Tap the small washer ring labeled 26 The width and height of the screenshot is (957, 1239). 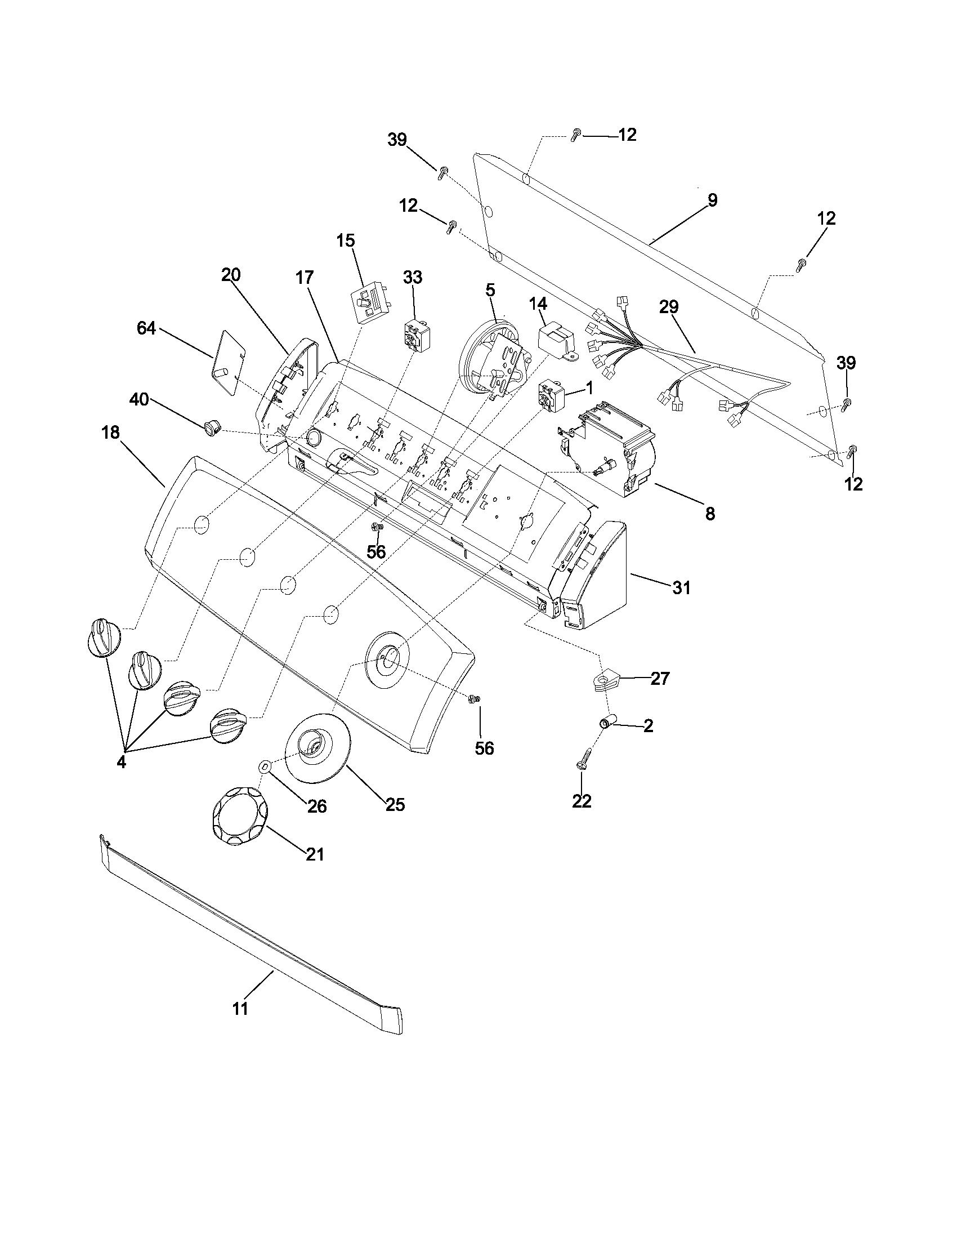coord(265,766)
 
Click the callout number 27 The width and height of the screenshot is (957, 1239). coord(659,679)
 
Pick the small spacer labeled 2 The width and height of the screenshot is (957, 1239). coord(606,724)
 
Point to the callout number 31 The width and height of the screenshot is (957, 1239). coord(681,589)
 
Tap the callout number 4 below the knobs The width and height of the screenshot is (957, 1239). coord(121,762)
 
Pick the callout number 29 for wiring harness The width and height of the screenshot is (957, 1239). coord(668,307)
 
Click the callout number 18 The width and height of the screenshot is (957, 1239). coord(111,433)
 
